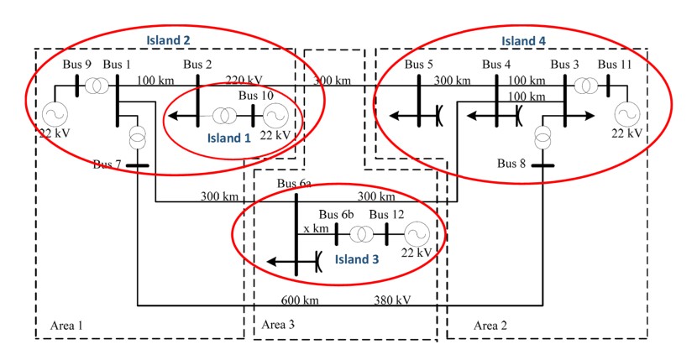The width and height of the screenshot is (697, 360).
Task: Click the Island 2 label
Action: coord(170,39)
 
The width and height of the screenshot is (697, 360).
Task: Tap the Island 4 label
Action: coord(523,41)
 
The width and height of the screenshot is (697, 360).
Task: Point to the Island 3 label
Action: coord(357,259)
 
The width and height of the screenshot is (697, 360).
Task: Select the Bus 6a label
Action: coord(294,184)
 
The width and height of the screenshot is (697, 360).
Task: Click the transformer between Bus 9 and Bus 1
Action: coord(97,86)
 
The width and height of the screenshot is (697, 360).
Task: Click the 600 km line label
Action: coord(300,300)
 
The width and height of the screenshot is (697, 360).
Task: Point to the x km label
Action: coord(315,227)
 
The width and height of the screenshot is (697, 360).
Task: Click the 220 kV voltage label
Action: coord(244,81)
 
